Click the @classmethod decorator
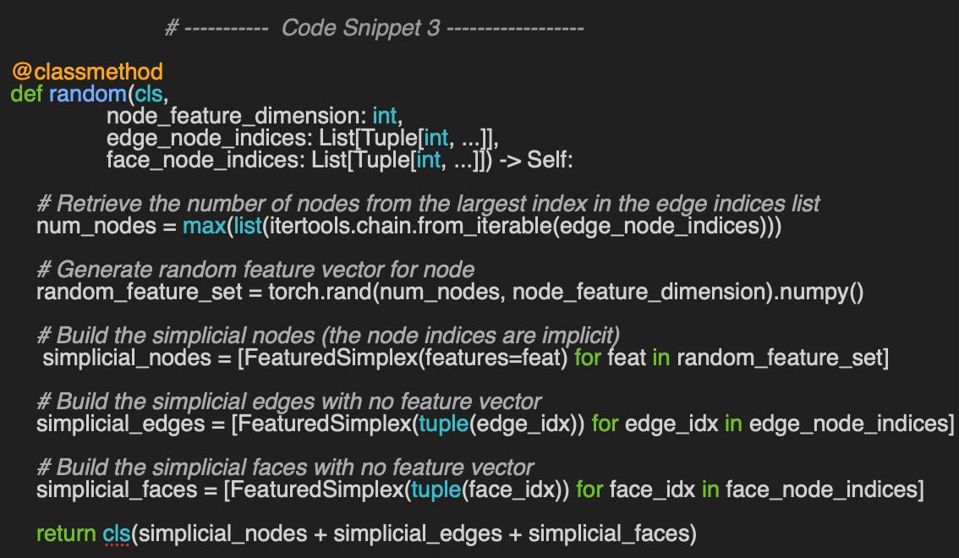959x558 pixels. pos(87,72)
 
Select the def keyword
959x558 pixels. pos(26,93)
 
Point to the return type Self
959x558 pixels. pos(550,159)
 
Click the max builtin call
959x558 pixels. pos(204,226)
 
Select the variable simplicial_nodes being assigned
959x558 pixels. pos(126,358)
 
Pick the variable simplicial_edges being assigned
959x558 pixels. pos(120,423)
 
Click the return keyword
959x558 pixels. pos(65,533)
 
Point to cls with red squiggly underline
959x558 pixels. pos(117,533)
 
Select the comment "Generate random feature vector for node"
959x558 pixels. pos(255,270)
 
